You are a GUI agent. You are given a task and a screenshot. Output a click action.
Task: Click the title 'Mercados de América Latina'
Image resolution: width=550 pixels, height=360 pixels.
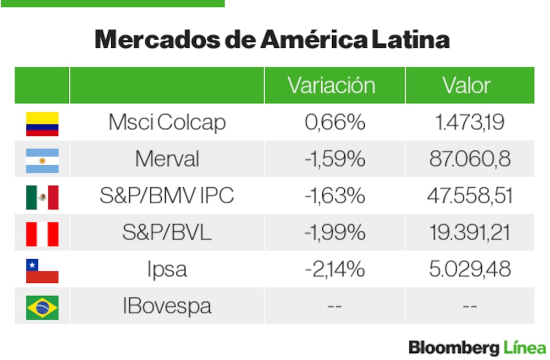pos(272,40)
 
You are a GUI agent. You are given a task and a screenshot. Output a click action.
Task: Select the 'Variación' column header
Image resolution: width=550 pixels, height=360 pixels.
pos(331,85)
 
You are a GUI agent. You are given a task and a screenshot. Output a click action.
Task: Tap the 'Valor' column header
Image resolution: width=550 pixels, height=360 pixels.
pos(466,85)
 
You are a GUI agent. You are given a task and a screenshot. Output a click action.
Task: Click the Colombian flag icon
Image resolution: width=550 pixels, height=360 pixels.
pos(42,124)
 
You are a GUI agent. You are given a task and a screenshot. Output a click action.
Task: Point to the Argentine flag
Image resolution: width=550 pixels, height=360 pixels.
pos(42,160)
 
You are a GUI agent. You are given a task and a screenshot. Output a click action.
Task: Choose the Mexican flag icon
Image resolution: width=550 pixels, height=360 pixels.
pos(42,197)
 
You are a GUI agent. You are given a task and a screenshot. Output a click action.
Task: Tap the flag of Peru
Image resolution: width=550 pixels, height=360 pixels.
pos(42,234)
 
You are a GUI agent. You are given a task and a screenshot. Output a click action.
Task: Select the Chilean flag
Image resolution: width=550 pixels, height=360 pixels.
pos(42,271)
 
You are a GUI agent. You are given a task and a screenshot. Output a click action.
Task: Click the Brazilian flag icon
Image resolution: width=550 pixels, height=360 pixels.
pos(42,307)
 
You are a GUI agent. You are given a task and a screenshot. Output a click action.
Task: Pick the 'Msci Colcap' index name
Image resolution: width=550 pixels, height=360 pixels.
pos(167,123)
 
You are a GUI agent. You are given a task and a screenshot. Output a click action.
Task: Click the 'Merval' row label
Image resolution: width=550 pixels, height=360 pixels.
pos(167,160)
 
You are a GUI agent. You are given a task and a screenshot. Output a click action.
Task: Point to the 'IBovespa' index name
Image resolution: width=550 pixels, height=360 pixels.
pos(167,306)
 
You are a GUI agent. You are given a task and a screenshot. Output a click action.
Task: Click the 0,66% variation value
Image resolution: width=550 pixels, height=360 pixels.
pos(334,123)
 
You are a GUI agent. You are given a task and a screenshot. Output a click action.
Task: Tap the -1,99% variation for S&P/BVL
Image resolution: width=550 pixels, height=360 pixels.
pos(334,233)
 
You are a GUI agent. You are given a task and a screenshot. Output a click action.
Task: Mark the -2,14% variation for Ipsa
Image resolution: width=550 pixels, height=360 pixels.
pos(334,270)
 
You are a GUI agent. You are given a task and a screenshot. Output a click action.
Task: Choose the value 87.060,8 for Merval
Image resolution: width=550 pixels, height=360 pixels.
pos(470,160)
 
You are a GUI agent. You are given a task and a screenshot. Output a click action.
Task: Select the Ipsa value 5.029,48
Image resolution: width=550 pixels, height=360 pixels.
pos(470,270)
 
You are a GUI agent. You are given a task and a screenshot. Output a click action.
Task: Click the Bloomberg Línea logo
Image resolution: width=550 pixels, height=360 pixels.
pos(477,348)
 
